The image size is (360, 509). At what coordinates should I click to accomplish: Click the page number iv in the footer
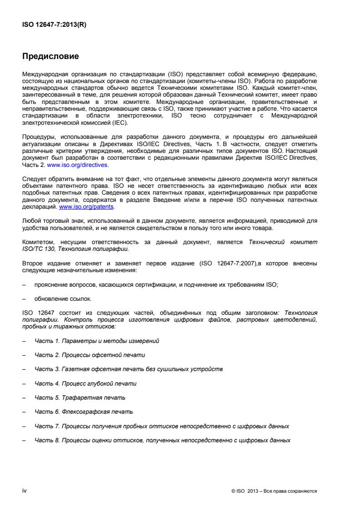(25, 490)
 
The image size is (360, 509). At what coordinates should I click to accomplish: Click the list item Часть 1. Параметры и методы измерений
(97, 340)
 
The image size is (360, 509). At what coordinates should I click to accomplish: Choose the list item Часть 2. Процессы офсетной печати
(90, 354)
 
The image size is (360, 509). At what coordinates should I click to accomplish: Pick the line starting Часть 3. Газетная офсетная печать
(128, 369)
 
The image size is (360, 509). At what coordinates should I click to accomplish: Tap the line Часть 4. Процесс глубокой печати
(86, 383)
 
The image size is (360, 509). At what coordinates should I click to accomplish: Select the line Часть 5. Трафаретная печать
(80, 397)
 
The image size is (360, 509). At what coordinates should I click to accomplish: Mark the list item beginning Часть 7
(162, 426)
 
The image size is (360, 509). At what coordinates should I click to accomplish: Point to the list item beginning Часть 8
(162, 440)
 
